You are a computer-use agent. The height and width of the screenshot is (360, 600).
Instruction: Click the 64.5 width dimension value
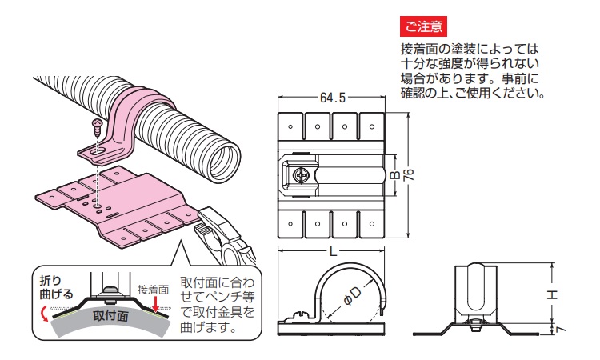click(x=331, y=98)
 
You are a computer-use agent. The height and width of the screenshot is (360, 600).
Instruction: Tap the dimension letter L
click(x=332, y=252)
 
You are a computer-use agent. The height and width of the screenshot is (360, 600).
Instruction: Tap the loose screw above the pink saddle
click(x=96, y=126)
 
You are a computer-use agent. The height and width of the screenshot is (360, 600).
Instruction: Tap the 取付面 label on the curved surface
click(x=110, y=318)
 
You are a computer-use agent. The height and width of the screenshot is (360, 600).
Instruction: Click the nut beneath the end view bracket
click(x=474, y=326)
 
